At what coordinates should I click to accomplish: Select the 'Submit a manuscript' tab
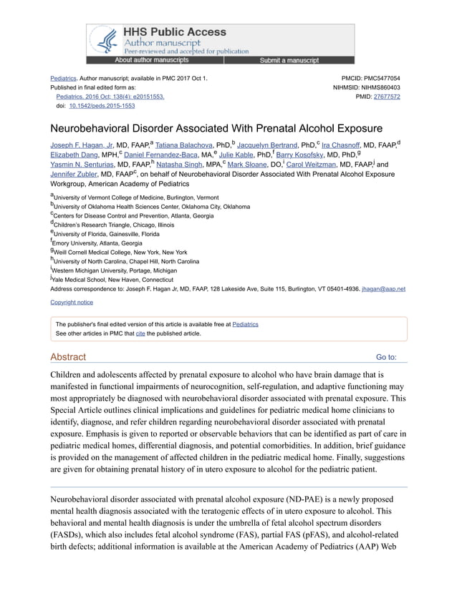(289, 61)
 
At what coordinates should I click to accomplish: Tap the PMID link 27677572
(387, 96)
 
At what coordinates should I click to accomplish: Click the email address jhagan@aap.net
(384, 289)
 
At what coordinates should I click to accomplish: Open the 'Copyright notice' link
(72, 303)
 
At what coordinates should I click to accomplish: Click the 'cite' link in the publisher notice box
(140, 333)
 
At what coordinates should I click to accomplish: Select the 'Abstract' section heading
(68, 357)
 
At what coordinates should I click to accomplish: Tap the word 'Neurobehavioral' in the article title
(91, 130)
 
